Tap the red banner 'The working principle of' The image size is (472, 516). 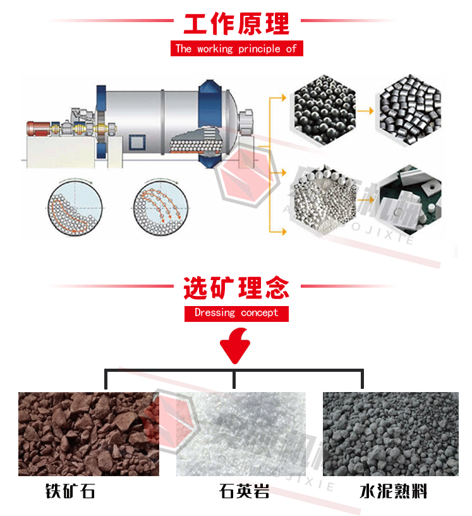[x=236, y=49]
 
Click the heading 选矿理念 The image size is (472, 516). [x=236, y=288]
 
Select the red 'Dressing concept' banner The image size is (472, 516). [x=236, y=312]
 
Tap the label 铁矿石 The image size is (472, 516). [x=70, y=491]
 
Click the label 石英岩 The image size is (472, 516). [x=244, y=491]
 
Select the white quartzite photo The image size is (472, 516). [x=243, y=434]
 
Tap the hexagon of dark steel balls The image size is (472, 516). [x=323, y=110]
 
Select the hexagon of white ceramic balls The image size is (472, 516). [x=323, y=196]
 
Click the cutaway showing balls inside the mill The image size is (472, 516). [x=196, y=139]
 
